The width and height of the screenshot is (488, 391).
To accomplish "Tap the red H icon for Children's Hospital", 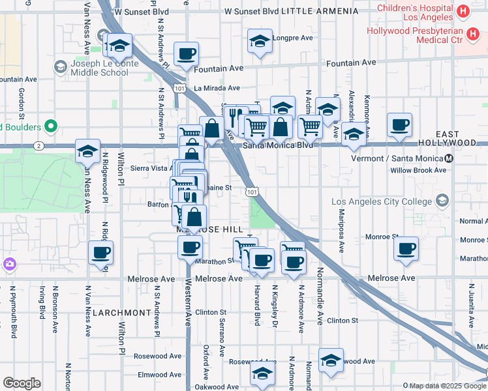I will pyautogui.click(x=463, y=11).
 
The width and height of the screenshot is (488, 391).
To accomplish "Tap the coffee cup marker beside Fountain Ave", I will pyautogui.click(x=186, y=53).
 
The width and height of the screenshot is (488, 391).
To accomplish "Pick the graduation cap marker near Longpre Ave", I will pyautogui.click(x=260, y=42).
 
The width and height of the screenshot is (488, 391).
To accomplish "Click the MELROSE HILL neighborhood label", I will pyautogui.click(x=209, y=230).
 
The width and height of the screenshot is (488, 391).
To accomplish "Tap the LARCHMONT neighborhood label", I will pyautogui.click(x=121, y=313).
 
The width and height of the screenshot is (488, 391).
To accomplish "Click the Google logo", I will pyautogui.click(x=22, y=383).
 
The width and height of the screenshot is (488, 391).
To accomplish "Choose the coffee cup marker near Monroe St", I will pyautogui.click(x=406, y=248).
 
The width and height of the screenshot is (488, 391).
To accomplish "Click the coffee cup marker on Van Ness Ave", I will pyautogui.click(x=100, y=252).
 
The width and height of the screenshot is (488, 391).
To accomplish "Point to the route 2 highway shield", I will pyautogui.click(x=39, y=146).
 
